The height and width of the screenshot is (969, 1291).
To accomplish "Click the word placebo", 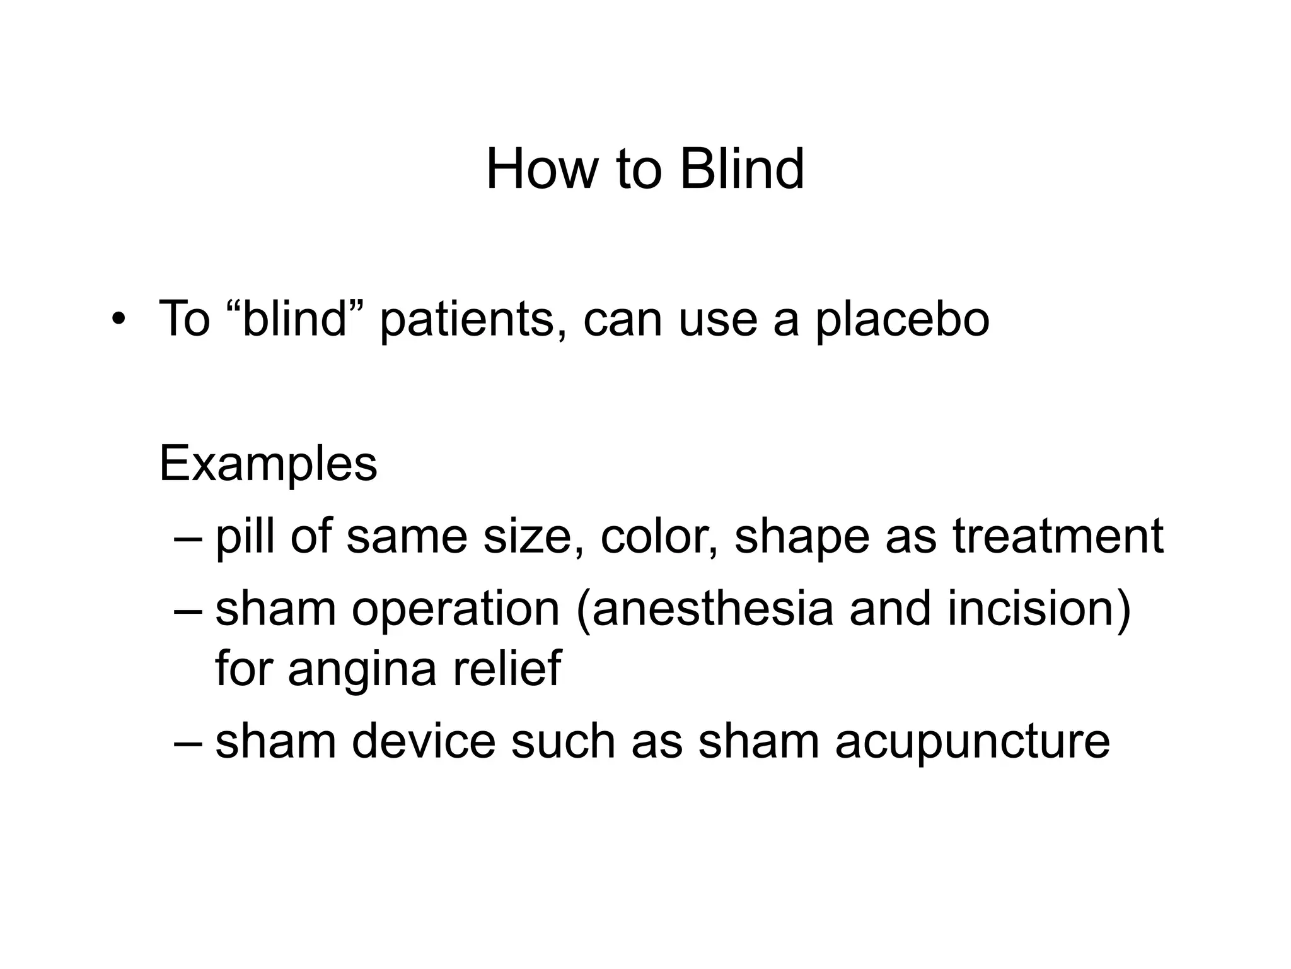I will pos(903,320).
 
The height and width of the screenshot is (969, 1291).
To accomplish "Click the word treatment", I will pos(1058,536).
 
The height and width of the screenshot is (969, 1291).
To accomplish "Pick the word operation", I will pos(456,610).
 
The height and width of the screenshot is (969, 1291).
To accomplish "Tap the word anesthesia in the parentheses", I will pos(712,609).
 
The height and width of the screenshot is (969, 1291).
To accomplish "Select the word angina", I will pos(362,670).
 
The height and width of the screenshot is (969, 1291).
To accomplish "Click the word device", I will pos(424,741).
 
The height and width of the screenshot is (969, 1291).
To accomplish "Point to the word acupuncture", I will pos(972,743).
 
